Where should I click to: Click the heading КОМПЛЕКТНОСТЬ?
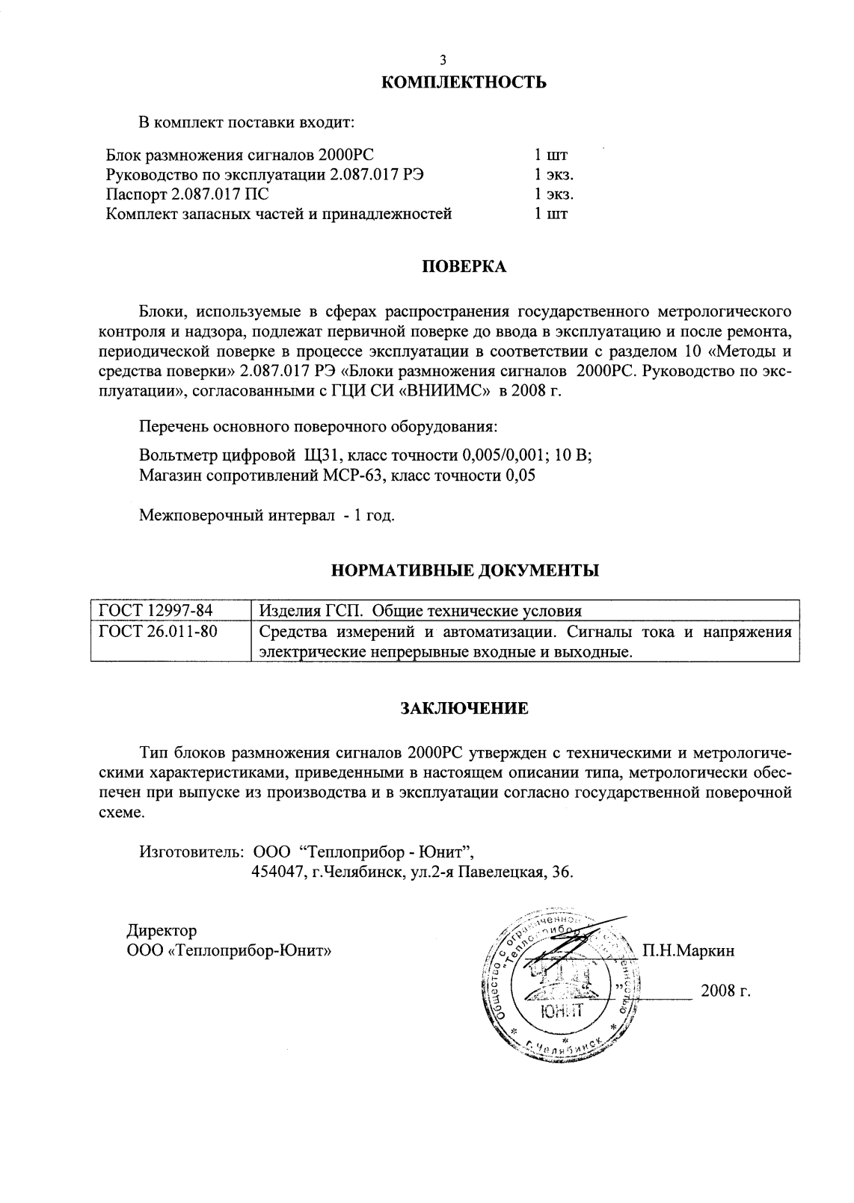point(464,82)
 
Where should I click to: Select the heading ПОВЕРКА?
point(464,267)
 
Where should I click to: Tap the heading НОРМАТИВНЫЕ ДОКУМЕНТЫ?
point(464,572)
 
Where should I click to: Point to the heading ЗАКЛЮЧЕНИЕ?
point(464,708)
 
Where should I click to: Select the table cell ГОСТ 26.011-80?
point(159,632)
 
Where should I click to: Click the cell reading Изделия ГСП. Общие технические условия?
point(420,610)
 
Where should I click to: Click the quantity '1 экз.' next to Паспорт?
point(553,194)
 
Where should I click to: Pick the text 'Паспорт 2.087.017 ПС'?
point(187,194)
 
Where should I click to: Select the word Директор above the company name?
point(162,931)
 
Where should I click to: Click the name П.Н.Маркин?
point(688,951)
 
